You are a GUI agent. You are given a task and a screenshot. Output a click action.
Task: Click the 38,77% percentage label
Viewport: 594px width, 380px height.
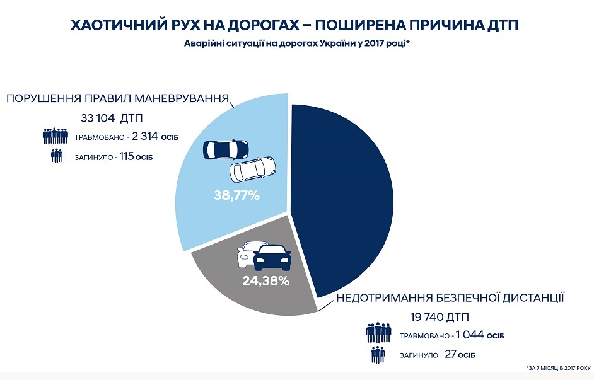pos(237,195)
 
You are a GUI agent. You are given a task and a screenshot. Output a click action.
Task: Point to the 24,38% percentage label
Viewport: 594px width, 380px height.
pos(265,281)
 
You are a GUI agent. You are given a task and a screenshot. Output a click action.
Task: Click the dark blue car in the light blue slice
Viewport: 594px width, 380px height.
pos(225,149)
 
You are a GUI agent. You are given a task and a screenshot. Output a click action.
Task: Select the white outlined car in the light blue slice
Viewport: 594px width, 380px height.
pos(252,169)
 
